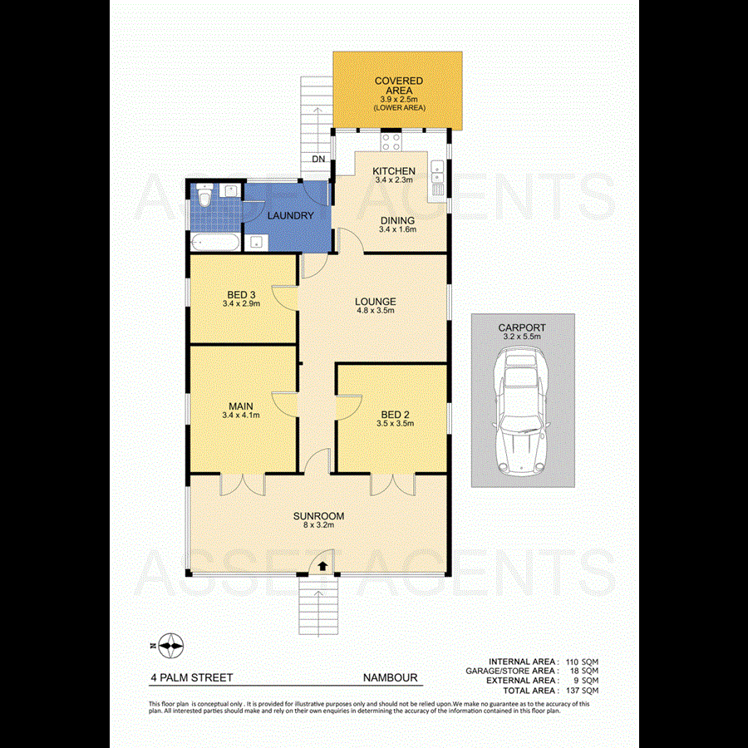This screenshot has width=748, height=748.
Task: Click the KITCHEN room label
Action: [x=394, y=171]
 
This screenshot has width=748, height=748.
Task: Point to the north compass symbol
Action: [x=170, y=645]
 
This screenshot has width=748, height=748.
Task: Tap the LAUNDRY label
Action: [x=290, y=216]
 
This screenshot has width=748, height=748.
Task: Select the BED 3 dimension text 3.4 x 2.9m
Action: [x=242, y=304]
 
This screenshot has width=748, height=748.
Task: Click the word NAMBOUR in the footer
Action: [x=390, y=677]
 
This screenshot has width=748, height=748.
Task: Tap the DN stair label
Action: [x=317, y=159]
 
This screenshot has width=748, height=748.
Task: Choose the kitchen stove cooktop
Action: [x=391, y=141]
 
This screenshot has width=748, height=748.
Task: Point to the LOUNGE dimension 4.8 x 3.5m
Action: [x=375, y=311]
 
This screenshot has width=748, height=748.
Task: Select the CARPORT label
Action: [x=522, y=327]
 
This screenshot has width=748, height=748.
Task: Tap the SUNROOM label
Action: [x=318, y=516]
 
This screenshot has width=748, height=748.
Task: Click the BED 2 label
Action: [x=395, y=414]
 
